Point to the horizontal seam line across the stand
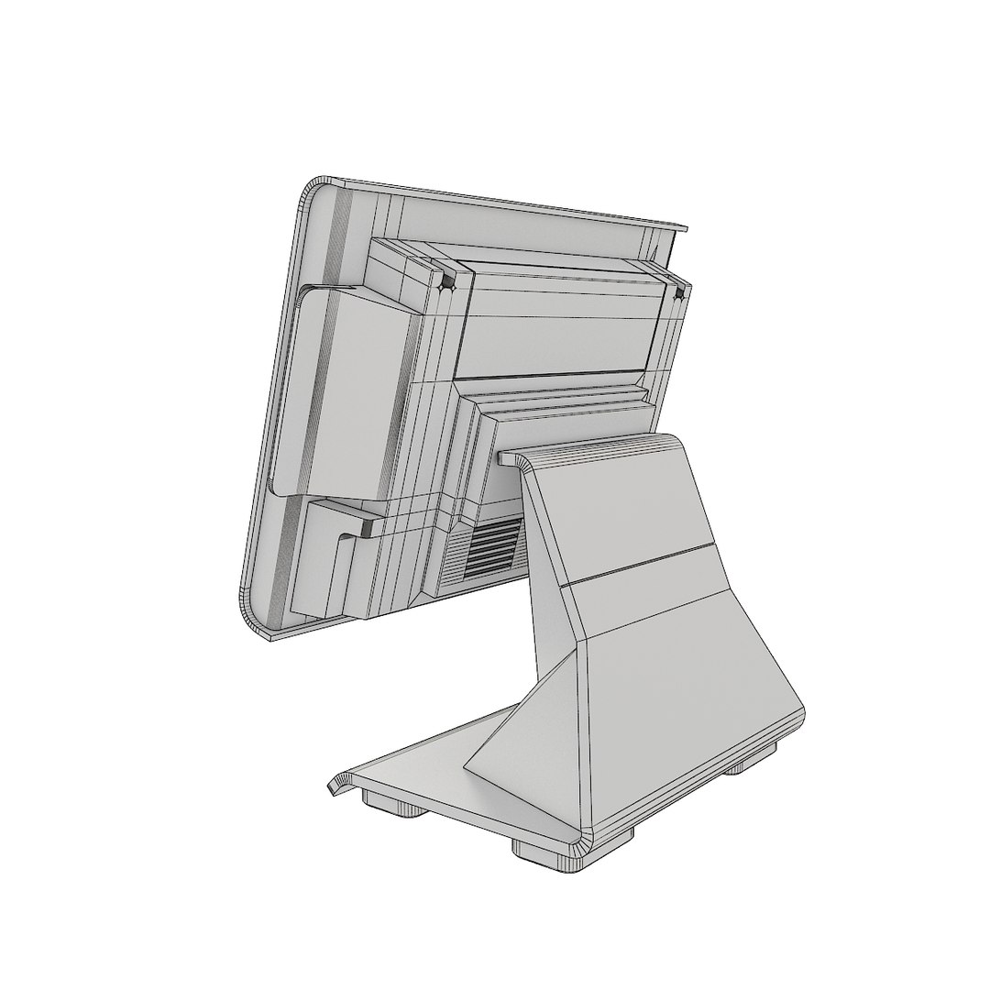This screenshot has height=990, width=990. point(642,563)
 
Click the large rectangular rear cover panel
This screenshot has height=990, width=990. point(559,321)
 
